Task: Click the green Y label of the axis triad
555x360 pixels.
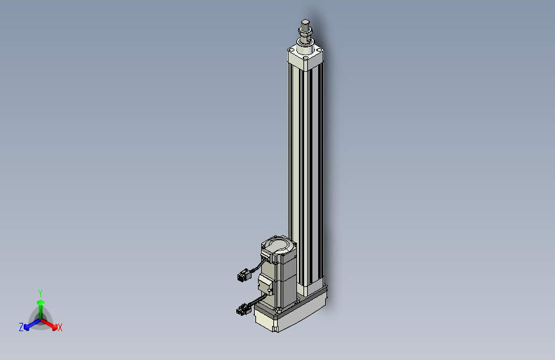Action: click(x=40, y=293)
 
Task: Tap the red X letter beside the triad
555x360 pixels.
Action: click(x=60, y=327)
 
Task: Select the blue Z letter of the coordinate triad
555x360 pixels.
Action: click(x=21, y=327)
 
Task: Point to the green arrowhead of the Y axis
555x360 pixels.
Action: click(x=41, y=303)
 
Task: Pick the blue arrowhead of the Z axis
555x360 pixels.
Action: click(x=26, y=327)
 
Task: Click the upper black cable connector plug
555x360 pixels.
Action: click(x=243, y=275)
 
